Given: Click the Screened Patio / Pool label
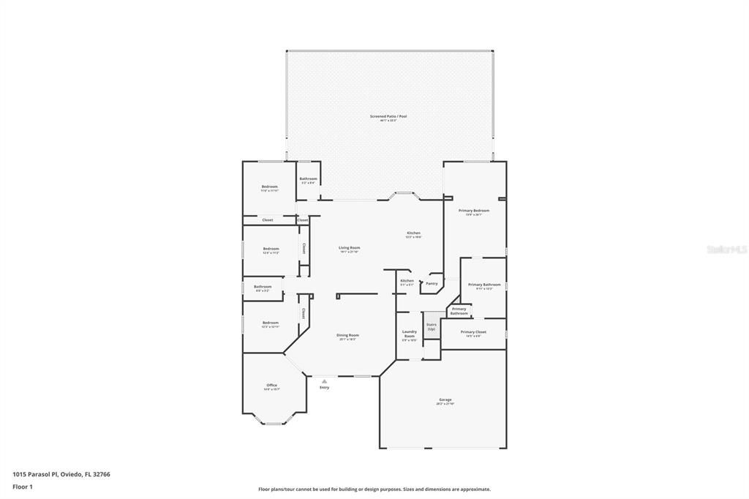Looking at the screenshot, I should [388, 116].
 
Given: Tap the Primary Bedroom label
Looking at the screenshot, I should [473, 211].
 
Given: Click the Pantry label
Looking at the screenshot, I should [432, 283].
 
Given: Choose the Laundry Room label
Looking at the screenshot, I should [409, 334].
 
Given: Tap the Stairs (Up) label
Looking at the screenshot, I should [431, 326].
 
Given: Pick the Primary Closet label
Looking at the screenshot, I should [473, 332].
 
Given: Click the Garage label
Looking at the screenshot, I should [445, 399].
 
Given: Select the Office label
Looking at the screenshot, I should [271, 385].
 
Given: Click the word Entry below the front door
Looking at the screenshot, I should [324, 387].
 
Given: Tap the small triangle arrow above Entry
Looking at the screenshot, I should [324, 380].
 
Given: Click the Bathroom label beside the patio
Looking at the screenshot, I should [308, 179].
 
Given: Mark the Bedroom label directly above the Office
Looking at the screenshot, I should [271, 323].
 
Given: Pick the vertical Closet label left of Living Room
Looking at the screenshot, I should [304, 249].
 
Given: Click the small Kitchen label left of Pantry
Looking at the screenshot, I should [407, 281].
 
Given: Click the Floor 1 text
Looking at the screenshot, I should [23, 487].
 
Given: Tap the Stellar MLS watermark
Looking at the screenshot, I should [726, 249].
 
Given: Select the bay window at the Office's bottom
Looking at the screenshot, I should [276, 423].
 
